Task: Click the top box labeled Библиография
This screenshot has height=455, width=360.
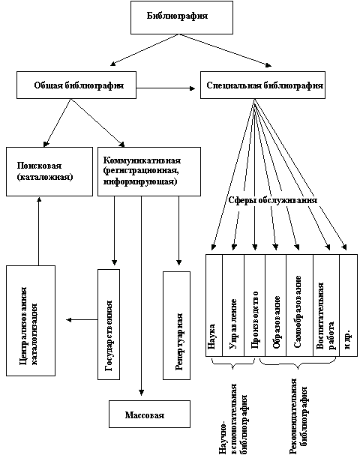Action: (x=181, y=17)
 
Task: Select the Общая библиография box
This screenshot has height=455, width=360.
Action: (x=76, y=85)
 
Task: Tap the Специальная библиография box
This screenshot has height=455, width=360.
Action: (x=262, y=85)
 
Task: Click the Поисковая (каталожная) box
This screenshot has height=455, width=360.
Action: (x=49, y=172)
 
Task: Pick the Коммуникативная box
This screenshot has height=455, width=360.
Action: (x=149, y=172)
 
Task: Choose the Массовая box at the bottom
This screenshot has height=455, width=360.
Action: (x=149, y=414)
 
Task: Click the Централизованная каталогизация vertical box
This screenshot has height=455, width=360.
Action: (x=31, y=321)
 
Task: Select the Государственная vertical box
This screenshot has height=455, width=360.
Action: (x=109, y=325)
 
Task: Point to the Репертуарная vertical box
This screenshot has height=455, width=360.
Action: (x=176, y=325)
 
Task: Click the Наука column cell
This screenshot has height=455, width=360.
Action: (x=214, y=305)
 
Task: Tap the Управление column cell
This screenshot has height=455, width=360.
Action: (x=233, y=305)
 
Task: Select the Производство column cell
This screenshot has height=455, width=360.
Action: (x=254, y=305)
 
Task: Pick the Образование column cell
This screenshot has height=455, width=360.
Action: (x=276, y=305)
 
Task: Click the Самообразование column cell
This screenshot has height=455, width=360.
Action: (x=299, y=305)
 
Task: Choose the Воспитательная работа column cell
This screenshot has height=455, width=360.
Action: (x=326, y=305)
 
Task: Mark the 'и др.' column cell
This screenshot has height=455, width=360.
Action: (x=349, y=305)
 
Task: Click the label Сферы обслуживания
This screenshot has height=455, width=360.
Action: (x=272, y=200)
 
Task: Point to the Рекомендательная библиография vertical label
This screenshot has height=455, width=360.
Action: (x=299, y=416)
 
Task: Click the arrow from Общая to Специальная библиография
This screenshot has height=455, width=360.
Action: (x=166, y=88)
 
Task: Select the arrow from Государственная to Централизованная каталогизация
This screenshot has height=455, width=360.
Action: (x=82, y=320)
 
